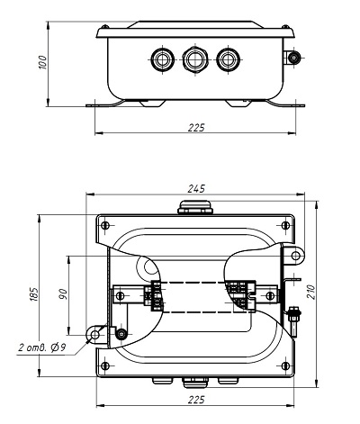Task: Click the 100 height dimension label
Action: tap(43, 62)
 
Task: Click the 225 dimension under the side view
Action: tap(196, 128)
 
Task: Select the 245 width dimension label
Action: tap(196, 189)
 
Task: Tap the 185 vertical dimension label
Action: tap(34, 294)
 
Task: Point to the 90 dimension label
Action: tap(63, 294)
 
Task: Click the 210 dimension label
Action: tap(311, 292)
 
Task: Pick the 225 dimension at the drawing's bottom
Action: tap(196, 400)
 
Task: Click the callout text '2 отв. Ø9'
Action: tap(42, 347)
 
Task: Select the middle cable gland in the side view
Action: tap(195, 59)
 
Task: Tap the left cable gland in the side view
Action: tap(162, 59)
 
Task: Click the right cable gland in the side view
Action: tap(228, 59)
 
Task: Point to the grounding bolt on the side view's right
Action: tap(293, 58)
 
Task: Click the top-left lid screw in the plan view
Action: tap(104, 225)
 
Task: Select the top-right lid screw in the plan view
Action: tap(285, 225)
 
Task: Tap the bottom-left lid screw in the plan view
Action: tap(104, 365)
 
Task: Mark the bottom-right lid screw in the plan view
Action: tap(285, 365)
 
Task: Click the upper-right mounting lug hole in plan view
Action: tap(296, 256)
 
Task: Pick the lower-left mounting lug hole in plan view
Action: tap(94, 334)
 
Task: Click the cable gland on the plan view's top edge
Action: tap(195, 207)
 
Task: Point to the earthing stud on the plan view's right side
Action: tap(293, 321)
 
